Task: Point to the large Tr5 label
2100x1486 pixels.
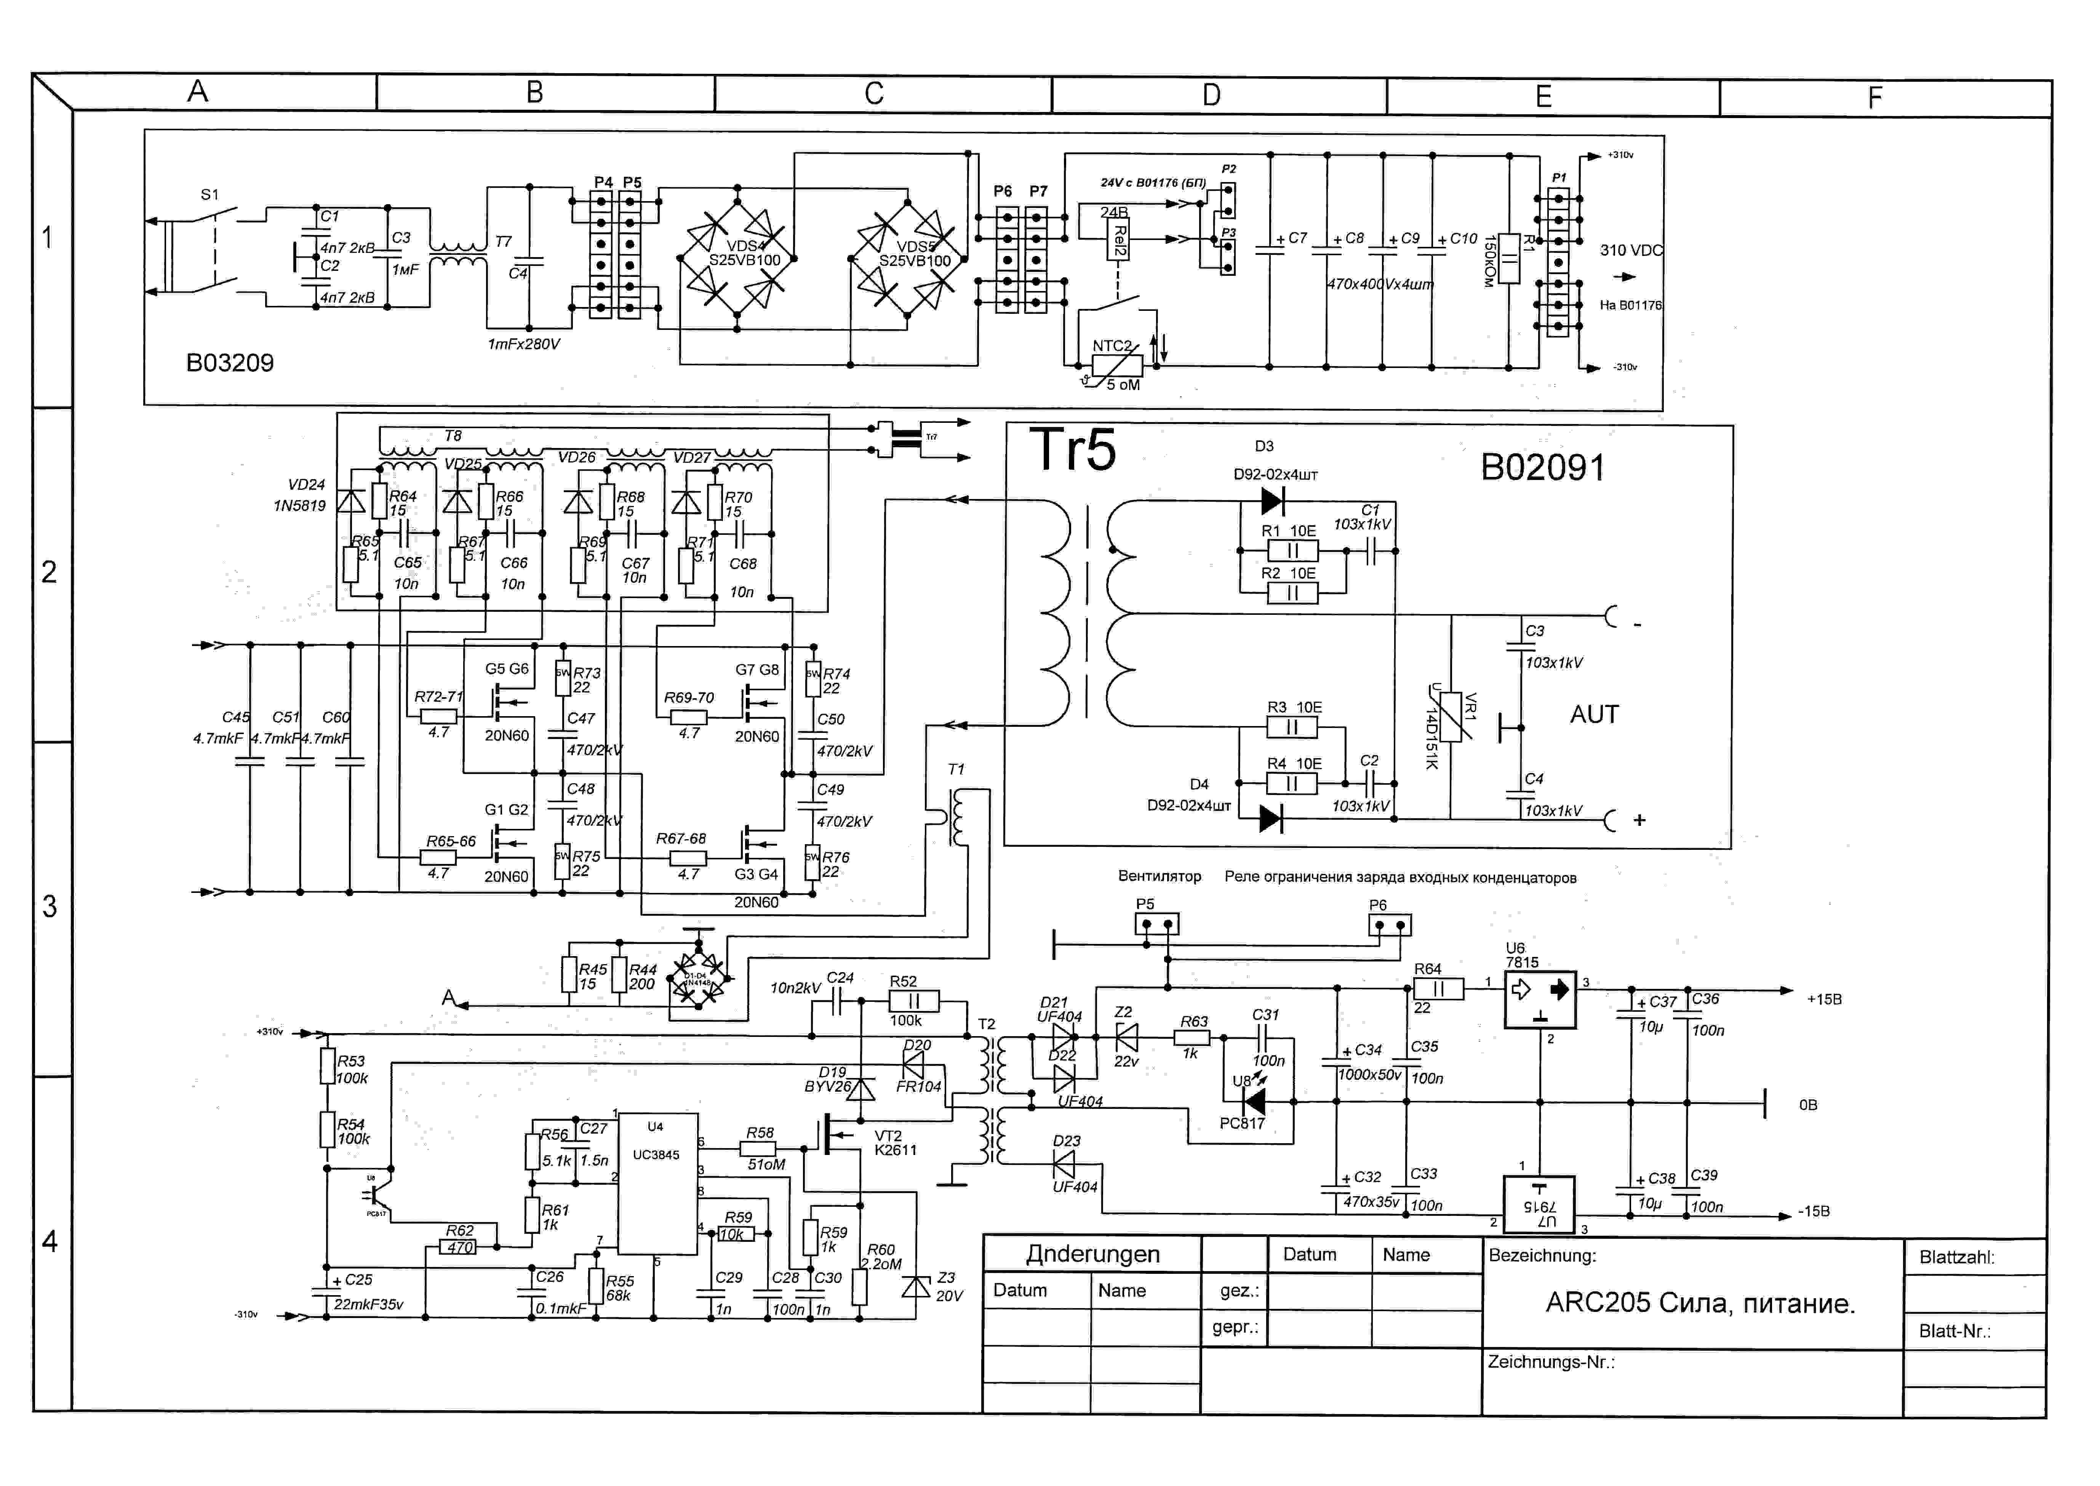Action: tap(1072, 450)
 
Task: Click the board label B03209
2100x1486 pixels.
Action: tap(230, 363)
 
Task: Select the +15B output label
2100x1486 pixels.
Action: tap(1824, 999)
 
